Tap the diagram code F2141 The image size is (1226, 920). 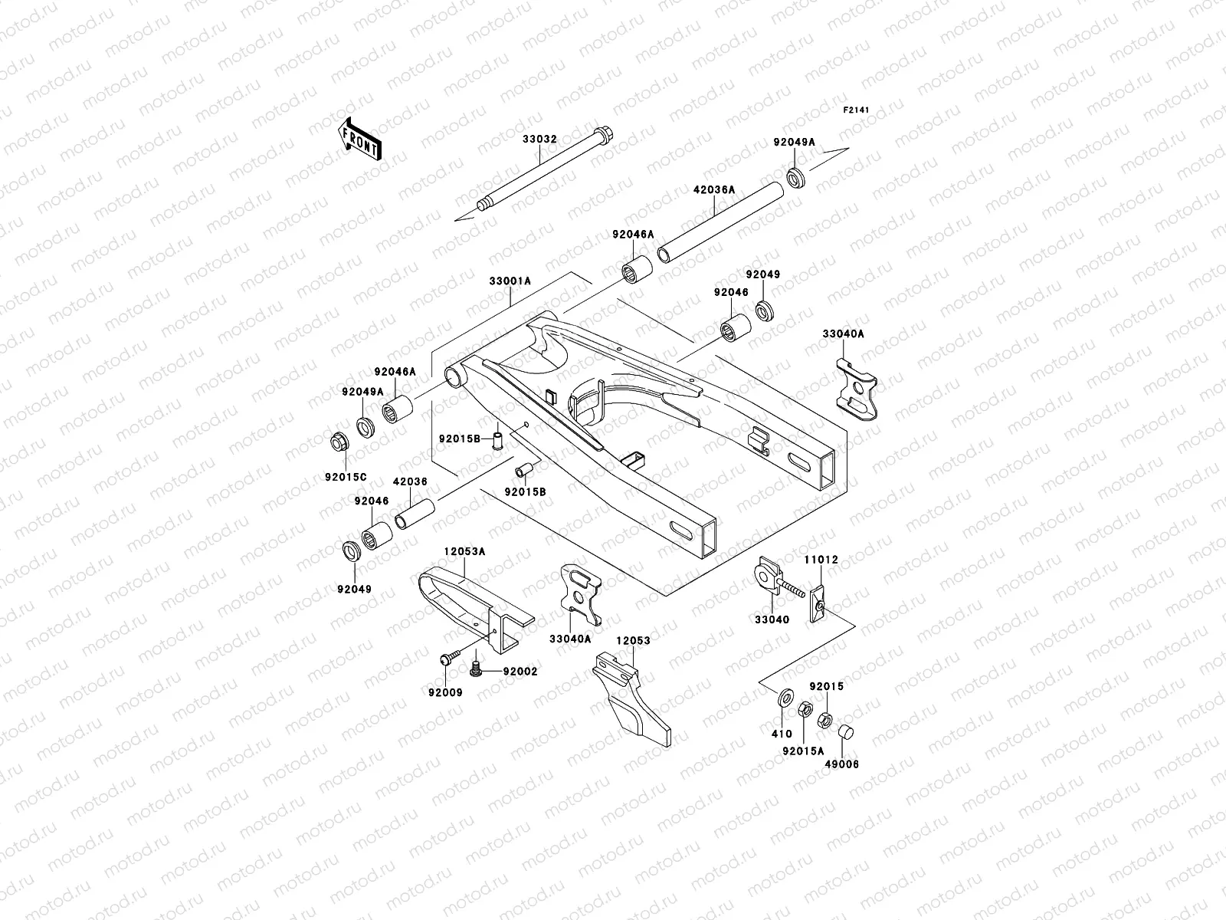coord(857,110)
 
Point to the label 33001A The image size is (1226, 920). coord(510,281)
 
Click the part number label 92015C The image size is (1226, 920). coord(346,477)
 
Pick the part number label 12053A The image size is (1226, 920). coord(464,550)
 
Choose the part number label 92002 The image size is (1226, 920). coord(520,672)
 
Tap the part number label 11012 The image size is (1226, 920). coord(821,560)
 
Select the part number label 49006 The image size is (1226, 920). coord(842,764)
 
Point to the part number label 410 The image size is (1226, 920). coord(782,734)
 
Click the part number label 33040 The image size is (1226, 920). coord(772,619)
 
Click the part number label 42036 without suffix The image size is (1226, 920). coord(410,482)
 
